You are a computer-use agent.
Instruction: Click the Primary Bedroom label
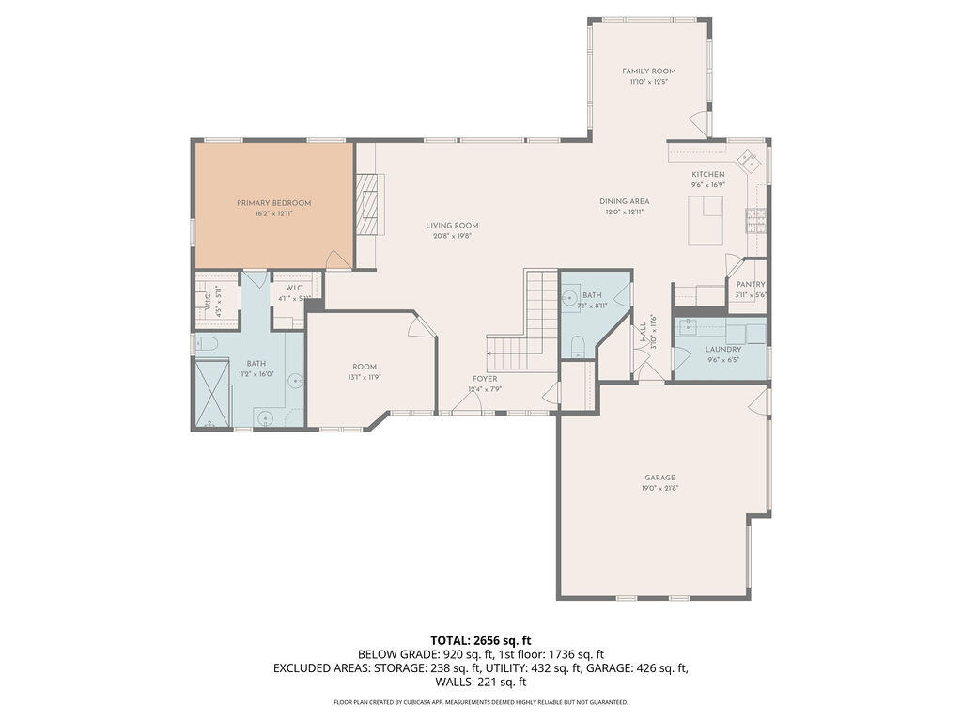tap(273, 202)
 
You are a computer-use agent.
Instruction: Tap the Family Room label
tap(649, 71)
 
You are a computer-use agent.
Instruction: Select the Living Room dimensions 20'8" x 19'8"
tap(452, 236)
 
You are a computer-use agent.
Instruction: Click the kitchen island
tap(704, 225)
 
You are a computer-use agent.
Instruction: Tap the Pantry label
tap(751, 284)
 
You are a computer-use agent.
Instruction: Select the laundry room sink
tap(687, 327)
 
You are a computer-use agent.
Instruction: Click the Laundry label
tap(722, 349)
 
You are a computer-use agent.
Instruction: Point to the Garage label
tap(659, 478)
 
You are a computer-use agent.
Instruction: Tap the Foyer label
tap(485, 378)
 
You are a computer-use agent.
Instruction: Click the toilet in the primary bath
tap(207, 345)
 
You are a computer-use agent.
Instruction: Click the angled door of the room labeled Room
tap(424, 325)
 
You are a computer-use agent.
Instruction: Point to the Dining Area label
tap(624, 201)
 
